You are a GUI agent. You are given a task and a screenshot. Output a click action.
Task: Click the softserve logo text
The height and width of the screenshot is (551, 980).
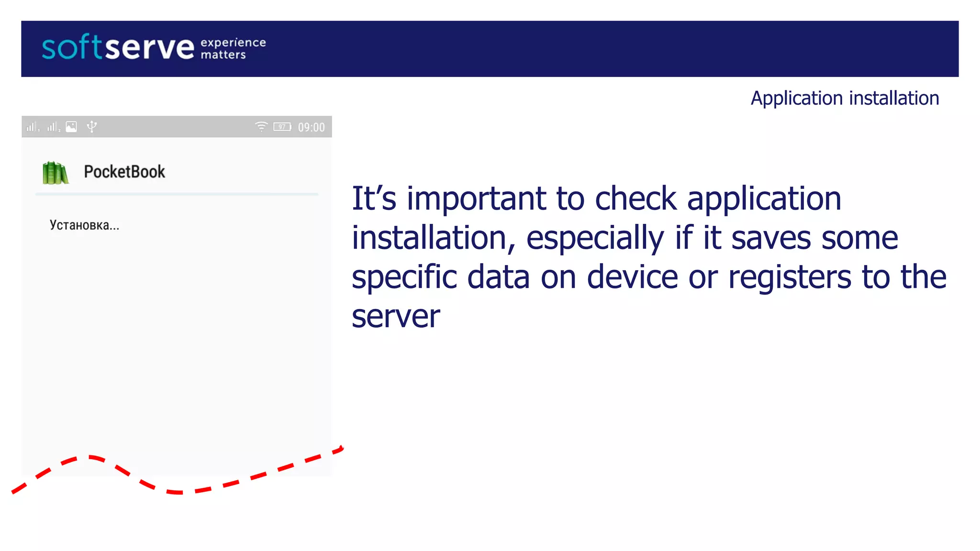[118, 47]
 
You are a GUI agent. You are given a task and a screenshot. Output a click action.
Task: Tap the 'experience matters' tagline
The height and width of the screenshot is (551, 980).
[233, 48]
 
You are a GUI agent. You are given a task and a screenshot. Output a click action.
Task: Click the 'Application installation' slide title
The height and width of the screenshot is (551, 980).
[845, 98]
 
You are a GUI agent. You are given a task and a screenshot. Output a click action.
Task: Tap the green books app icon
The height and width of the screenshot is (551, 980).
[56, 173]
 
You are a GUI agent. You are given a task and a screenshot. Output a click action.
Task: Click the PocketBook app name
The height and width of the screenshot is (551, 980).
[124, 172]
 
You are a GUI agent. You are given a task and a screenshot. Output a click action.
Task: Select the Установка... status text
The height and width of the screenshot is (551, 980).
[84, 225]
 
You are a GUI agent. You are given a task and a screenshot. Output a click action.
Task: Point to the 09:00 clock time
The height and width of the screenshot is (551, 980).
[311, 127]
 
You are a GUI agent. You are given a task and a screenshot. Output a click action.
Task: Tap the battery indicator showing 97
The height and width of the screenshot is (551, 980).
[282, 127]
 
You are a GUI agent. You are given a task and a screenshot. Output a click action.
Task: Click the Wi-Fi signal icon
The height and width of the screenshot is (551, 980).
[261, 126]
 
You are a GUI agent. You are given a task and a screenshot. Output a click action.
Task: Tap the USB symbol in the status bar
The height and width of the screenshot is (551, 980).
[92, 126]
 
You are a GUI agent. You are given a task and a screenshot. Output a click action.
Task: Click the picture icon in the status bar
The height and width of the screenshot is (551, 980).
[71, 127]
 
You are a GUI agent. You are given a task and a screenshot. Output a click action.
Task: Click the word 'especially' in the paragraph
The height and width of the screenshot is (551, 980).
[595, 238]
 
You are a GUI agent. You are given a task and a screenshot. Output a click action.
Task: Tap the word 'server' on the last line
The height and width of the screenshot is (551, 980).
[396, 317]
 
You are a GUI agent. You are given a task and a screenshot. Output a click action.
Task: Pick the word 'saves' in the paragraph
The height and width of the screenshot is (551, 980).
[770, 238]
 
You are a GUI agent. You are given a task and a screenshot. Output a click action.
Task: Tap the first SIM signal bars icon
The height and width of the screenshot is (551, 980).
[32, 127]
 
